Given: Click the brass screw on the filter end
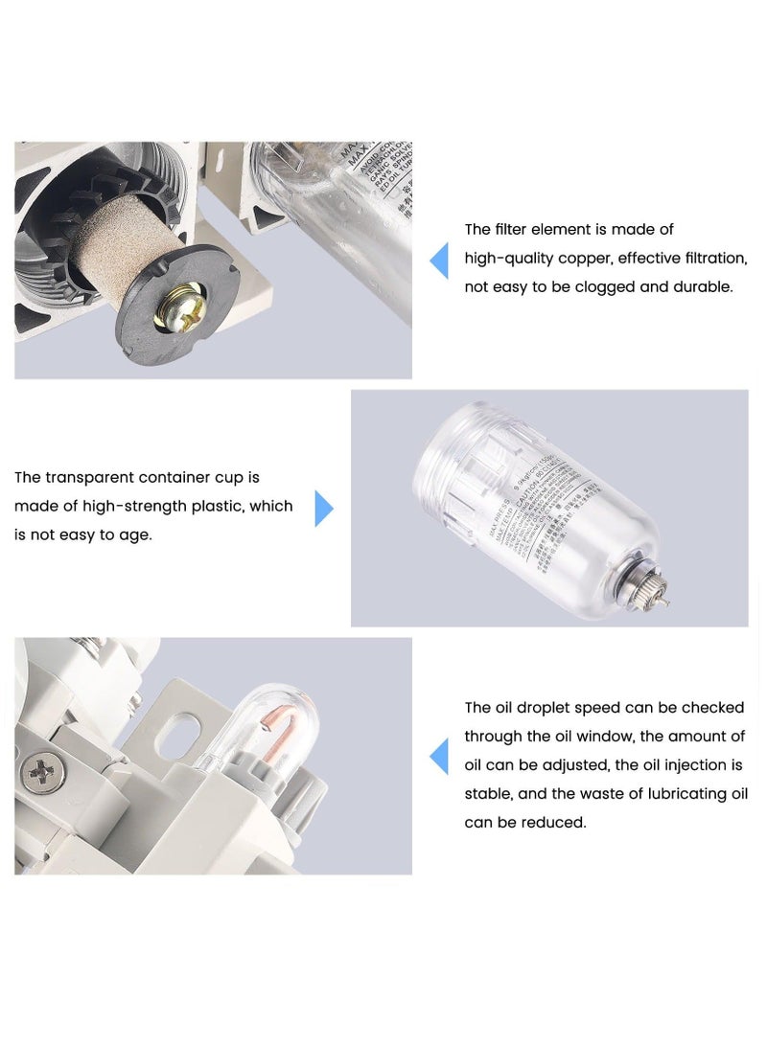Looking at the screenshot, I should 179,311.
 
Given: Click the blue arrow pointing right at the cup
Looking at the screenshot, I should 324,509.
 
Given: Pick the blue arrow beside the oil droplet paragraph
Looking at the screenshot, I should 439,757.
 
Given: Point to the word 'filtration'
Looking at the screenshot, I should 709,259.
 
